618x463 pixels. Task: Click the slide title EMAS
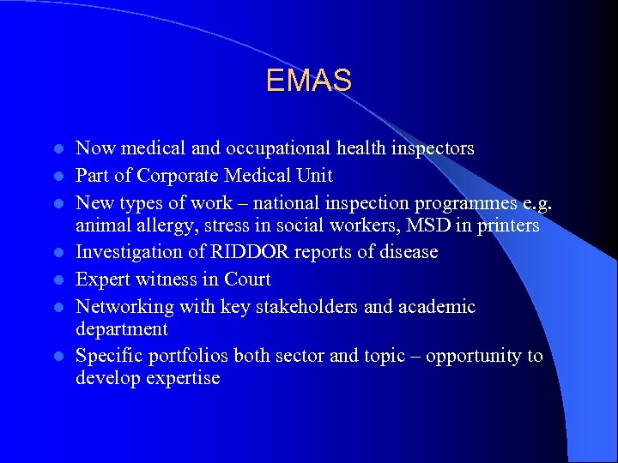pos(308,81)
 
